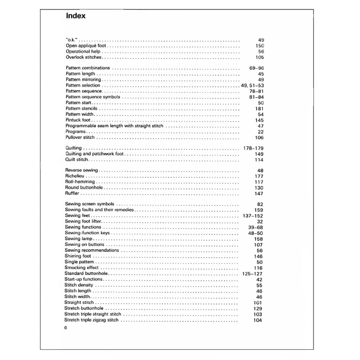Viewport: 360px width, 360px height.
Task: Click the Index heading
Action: coord(76,16)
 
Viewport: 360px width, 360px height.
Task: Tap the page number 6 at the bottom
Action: coord(66,328)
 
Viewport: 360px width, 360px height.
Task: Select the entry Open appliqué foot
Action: coord(86,46)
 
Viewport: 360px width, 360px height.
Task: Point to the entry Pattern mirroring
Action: coord(84,80)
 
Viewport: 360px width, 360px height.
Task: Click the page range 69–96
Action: coord(256,68)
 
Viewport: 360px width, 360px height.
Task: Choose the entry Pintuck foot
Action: coord(78,120)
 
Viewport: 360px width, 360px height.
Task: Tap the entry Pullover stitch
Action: coord(80,137)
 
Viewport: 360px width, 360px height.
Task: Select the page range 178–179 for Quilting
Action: coord(253,148)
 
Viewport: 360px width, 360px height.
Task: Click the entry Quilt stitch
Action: coord(76,159)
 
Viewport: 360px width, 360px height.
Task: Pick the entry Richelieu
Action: coord(75,176)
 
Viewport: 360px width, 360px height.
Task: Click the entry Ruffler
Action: coord(72,193)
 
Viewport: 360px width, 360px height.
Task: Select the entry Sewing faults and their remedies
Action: coord(99,210)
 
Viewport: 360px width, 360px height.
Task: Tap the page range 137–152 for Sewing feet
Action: coord(253,216)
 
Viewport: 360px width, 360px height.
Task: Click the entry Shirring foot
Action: coord(78,256)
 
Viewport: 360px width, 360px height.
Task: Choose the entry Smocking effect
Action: coord(81,267)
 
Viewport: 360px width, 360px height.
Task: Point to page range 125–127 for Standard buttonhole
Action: coord(252,274)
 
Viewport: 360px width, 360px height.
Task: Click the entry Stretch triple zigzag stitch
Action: coord(91,320)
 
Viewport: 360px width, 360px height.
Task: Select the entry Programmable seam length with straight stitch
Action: coord(114,126)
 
